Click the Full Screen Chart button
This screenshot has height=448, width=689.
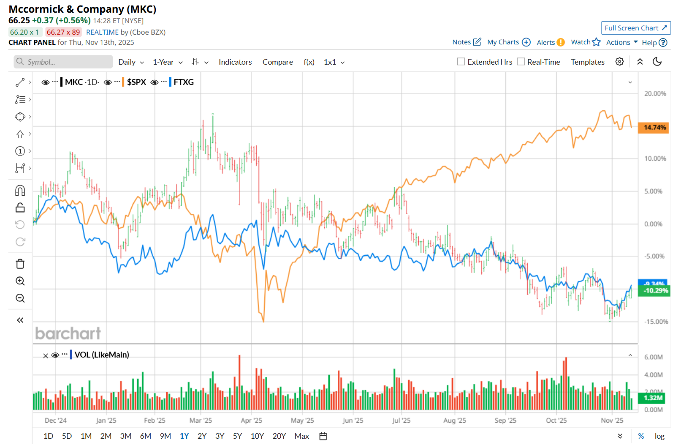[635, 28]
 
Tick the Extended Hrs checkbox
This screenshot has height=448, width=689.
[461, 62]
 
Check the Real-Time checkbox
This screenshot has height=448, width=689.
[521, 62]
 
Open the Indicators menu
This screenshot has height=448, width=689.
[235, 62]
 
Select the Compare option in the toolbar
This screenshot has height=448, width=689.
[277, 62]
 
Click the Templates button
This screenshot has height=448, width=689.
[587, 62]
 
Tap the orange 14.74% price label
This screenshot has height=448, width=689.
[654, 127]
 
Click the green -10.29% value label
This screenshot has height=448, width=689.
[655, 291]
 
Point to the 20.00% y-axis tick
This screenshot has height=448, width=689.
[655, 93]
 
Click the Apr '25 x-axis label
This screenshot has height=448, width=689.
[251, 421]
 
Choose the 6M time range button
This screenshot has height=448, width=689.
[146, 436]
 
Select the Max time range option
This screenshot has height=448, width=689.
[301, 436]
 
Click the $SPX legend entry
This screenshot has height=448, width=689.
[136, 82]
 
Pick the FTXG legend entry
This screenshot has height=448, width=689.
[184, 82]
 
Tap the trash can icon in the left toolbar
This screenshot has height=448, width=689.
[20, 264]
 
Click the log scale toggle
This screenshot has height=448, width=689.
[659, 436]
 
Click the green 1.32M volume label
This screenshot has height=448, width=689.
[653, 398]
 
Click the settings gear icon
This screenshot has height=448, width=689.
[619, 62]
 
